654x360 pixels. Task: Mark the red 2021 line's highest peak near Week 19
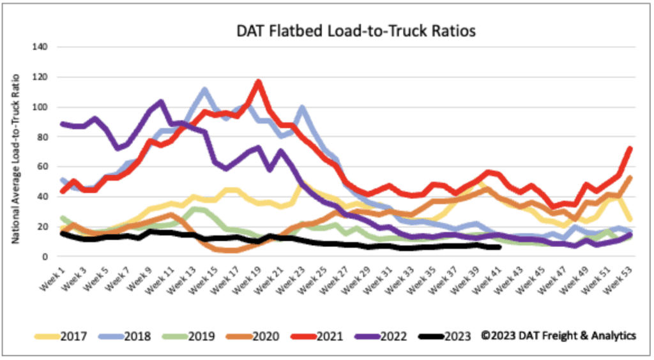pyautogui.click(x=258, y=82)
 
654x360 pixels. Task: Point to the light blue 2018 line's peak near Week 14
pyautogui.click(x=204, y=90)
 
